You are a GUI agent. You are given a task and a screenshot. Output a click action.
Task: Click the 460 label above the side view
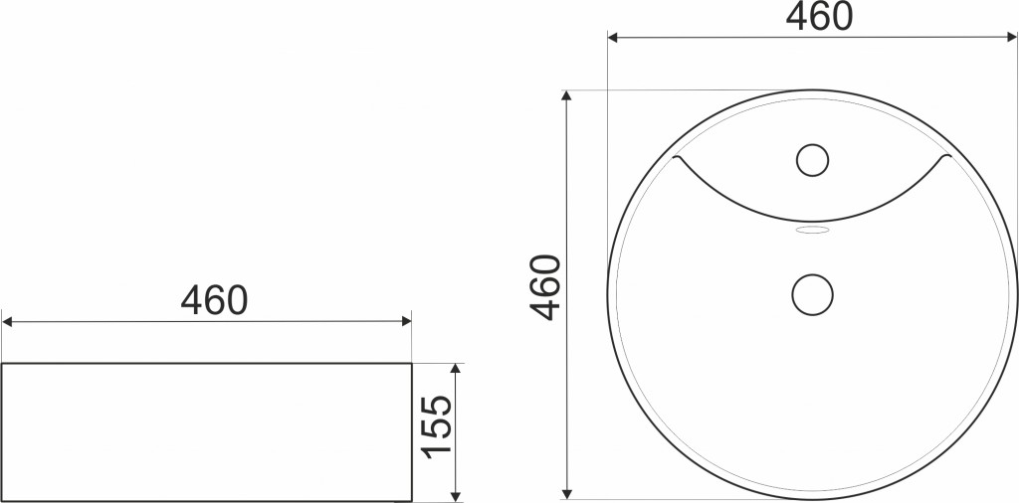(213, 299)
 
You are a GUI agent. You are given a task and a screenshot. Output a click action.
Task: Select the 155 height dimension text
(437, 427)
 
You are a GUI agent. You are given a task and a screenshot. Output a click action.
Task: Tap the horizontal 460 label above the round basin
(819, 17)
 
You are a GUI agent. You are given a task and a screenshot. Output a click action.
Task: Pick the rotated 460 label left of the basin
(545, 288)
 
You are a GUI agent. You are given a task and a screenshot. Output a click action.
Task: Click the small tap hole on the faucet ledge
(813, 159)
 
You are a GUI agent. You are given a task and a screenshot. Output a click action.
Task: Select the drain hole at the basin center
(812, 294)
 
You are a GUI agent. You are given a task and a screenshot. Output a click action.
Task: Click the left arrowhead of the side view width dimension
(7, 321)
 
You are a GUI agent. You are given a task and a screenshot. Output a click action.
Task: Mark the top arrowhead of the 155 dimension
(456, 369)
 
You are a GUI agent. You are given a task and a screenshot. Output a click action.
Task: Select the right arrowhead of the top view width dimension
(1012, 38)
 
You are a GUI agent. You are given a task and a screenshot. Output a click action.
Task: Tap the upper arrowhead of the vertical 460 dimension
(567, 95)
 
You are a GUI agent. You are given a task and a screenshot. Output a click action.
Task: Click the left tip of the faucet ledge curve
(677, 158)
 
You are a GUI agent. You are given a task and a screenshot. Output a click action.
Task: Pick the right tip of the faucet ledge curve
(947, 158)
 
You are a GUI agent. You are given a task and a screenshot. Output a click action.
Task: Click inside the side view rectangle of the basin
(206, 432)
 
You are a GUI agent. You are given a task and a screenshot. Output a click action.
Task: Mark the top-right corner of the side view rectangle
(411, 364)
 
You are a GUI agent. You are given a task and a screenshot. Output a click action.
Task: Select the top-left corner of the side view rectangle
(2, 364)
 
